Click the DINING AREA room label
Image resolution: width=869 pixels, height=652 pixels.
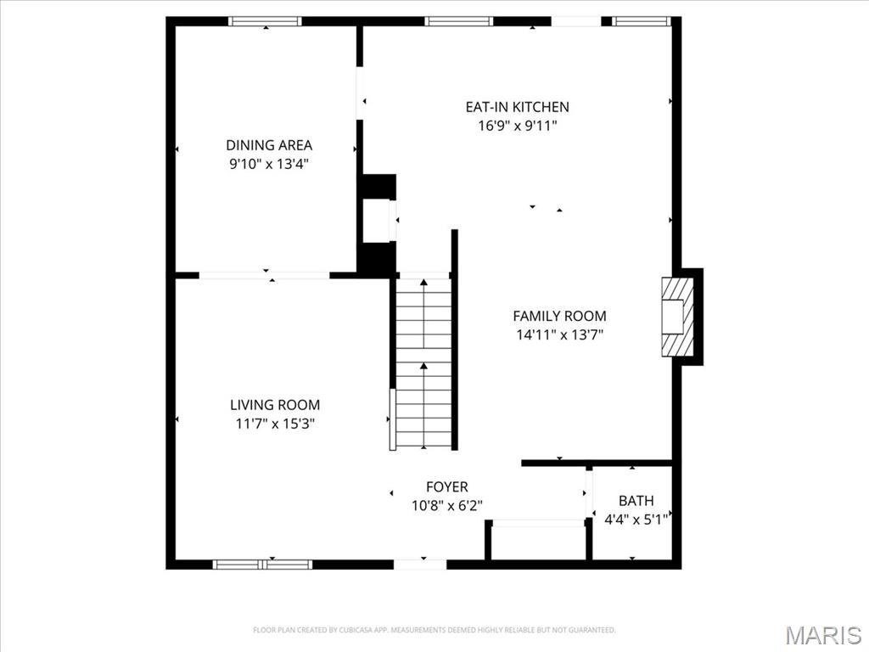pos(268,145)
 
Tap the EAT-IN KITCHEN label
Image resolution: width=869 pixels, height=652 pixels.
pos(517,107)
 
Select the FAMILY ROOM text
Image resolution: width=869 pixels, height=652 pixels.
pos(559,316)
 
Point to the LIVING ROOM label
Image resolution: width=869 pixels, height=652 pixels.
pos(275,405)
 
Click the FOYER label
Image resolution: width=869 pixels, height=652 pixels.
pos(446,486)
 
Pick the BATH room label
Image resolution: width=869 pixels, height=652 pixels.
pos(636,501)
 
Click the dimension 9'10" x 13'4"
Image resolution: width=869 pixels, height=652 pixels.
pos(268,164)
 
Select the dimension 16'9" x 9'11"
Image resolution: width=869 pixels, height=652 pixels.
pos(517,126)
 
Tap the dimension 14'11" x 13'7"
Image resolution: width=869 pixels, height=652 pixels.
pos(559,334)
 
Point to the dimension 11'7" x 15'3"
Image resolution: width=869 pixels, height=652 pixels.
pos(275,424)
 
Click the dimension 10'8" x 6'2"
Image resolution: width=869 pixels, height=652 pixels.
pos(446,505)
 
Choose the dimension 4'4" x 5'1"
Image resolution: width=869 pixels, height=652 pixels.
pos(636,519)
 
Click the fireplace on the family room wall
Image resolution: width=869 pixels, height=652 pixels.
pos(679,317)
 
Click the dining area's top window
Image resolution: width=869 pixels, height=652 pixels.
pos(265,21)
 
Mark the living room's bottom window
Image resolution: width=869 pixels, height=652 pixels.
pos(262,564)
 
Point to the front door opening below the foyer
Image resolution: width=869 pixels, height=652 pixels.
pos(420,564)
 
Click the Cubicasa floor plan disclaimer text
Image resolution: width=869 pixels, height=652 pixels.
pos(434,630)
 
